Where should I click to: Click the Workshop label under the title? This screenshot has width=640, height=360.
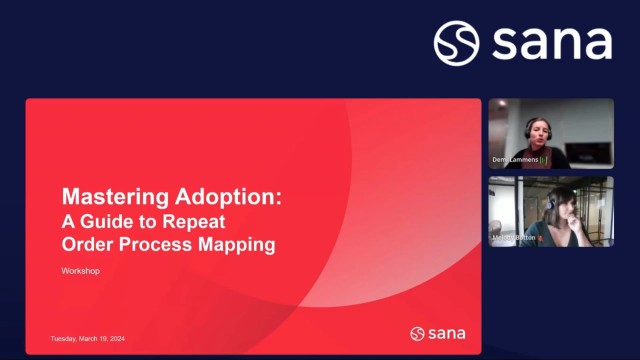(81, 271)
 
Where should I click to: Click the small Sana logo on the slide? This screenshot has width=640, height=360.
(438, 333)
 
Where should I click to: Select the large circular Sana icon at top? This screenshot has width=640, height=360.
(456, 44)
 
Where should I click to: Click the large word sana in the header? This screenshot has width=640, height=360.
(551, 44)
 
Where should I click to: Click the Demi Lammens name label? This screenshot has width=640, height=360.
(515, 160)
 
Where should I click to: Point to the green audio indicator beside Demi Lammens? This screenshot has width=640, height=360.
(546, 160)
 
